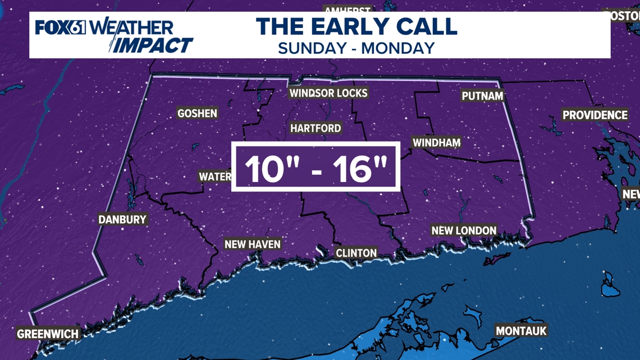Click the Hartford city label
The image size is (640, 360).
316,129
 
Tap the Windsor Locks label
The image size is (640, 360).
328,93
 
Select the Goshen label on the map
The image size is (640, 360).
197,113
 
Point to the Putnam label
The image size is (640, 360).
482,96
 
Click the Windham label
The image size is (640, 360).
436,143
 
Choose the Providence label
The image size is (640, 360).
595,115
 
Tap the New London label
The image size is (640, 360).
464,230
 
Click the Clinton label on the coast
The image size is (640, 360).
356,253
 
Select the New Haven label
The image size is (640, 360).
252,244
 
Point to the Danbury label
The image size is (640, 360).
122,220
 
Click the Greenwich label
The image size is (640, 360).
48,334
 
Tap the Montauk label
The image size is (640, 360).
521,331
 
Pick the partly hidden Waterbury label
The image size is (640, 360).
215,177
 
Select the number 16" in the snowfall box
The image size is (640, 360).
360,168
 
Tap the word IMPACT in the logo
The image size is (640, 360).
151,45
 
